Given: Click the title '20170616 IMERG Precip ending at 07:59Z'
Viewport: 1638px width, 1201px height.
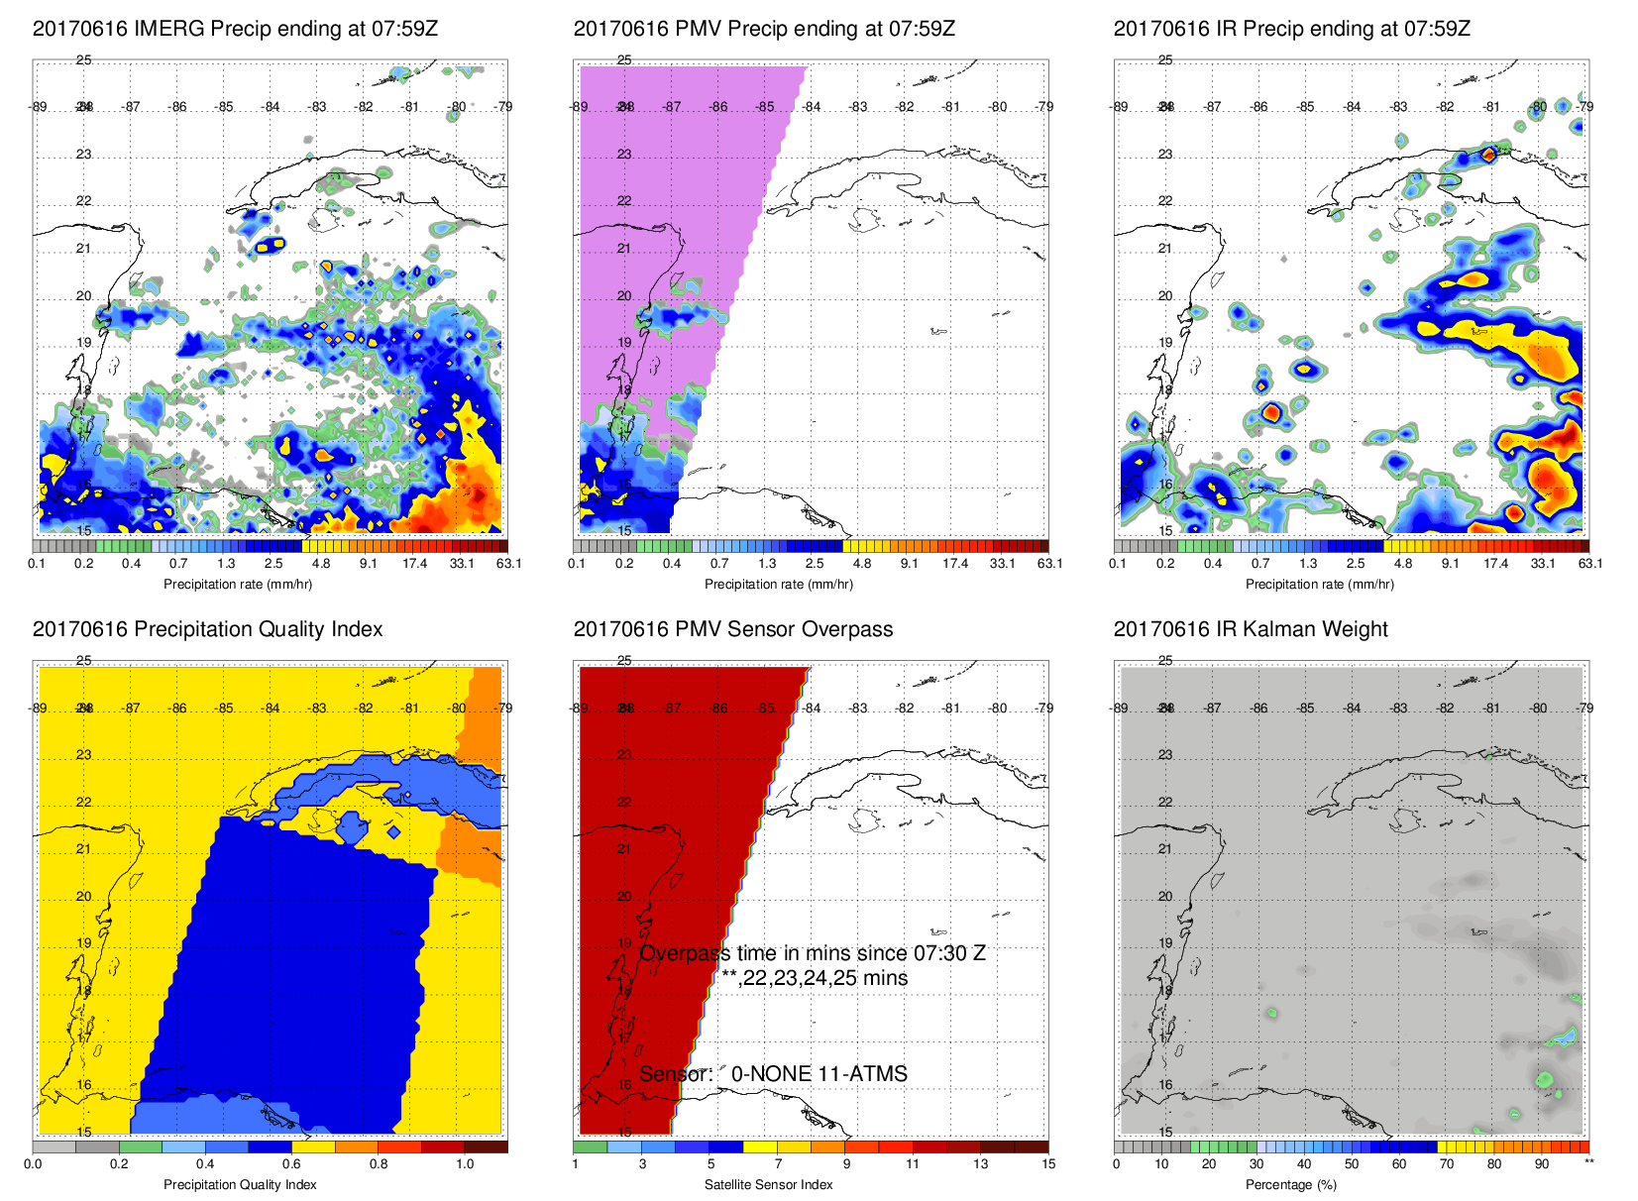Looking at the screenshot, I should pyautogui.click(x=235, y=29).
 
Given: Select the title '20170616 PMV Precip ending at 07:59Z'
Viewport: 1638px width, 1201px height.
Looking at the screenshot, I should pyautogui.click(x=764, y=29).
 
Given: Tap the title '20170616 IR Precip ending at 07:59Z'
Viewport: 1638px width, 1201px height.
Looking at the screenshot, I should pyautogui.click(x=1291, y=29).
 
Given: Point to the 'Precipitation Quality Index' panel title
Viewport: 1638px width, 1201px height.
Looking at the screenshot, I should pyautogui.click(x=207, y=629).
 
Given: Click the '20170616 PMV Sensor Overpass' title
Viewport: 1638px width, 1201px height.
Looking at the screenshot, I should pyautogui.click(x=732, y=629).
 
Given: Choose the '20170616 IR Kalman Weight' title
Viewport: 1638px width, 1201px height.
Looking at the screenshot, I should pyautogui.click(x=1251, y=629).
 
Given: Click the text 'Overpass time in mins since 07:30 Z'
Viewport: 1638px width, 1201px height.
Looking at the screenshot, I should pyautogui.click(x=813, y=953).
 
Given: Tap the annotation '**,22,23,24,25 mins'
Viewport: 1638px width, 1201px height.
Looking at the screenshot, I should pyautogui.click(x=815, y=978).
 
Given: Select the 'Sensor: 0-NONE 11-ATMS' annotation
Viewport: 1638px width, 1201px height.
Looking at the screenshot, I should pyautogui.click(x=773, y=1074).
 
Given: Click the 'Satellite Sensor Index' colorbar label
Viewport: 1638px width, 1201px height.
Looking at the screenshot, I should pyautogui.click(x=768, y=1184).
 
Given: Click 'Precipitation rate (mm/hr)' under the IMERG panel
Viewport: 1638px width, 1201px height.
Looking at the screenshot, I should pyautogui.click(x=238, y=584).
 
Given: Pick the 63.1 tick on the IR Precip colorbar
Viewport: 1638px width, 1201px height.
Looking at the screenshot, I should pyautogui.click(x=1589, y=563).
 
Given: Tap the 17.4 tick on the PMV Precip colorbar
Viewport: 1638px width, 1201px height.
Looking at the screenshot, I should pyautogui.click(x=955, y=563).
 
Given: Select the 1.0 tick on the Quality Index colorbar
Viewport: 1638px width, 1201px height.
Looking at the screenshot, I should pyautogui.click(x=465, y=1163).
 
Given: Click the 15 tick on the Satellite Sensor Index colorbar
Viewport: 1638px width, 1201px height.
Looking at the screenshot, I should pyautogui.click(x=1047, y=1163).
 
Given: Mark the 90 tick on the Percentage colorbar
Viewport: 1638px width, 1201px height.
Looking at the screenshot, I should pyautogui.click(x=1541, y=1163).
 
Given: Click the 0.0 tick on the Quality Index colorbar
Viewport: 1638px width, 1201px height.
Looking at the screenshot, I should pyautogui.click(x=33, y=1163).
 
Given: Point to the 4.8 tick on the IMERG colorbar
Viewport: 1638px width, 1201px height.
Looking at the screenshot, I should pyautogui.click(x=321, y=563).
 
